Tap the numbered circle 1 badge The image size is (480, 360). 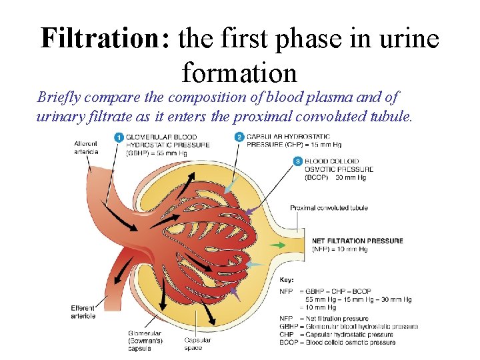(118, 137)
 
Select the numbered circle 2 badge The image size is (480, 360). (239, 137)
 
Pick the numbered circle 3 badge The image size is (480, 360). (297, 161)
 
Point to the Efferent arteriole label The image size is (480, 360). (83, 311)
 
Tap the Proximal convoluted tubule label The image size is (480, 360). (329, 208)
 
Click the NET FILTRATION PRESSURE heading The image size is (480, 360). (357, 241)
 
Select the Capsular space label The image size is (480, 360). (197, 344)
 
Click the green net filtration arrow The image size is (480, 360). (277, 245)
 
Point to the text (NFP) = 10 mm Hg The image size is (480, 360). (340, 249)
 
